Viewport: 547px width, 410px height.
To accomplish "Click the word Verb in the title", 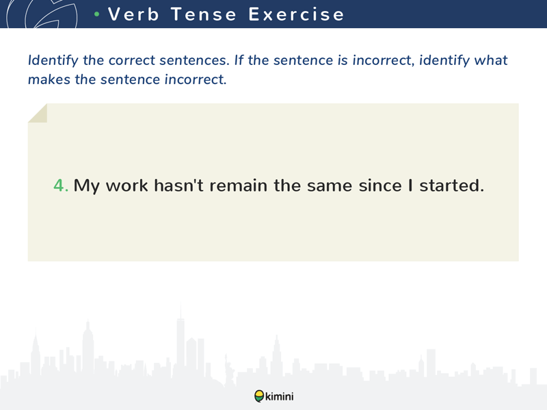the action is pyautogui.click(x=133, y=14).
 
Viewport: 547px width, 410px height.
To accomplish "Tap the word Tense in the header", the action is pyautogui.click(x=204, y=14).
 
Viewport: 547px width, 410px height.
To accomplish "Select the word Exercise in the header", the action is pyautogui.click(x=296, y=14).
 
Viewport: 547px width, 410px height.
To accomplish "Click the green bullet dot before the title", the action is pyautogui.click(x=97, y=14).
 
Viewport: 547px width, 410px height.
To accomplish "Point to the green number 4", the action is pyautogui.click(x=61, y=185).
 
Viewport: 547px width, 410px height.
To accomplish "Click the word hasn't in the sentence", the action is pyautogui.click(x=178, y=185).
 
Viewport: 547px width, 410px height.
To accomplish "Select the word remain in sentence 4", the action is pyautogui.click(x=238, y=185).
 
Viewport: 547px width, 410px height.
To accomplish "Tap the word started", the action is pyautogui.click(x=452, y=185).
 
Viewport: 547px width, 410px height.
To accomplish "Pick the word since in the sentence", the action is pyautogui.click(x=380, y=185).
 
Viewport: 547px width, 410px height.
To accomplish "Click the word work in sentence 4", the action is pyautogui.click(x=127, y=185).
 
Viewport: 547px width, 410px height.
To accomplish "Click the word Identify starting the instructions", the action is pyautogui.click(x=53, y=61).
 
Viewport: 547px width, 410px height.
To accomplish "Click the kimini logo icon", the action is pyautogui.click(x=259, y=396).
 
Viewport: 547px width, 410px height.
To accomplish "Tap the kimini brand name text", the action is pyautogui.click(x=280, y=396).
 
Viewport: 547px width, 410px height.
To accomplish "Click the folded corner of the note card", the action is pyautogui.click(x=38, y=113).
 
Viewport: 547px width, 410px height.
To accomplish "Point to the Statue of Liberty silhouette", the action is pyautogui.click(x=229, y=369).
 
